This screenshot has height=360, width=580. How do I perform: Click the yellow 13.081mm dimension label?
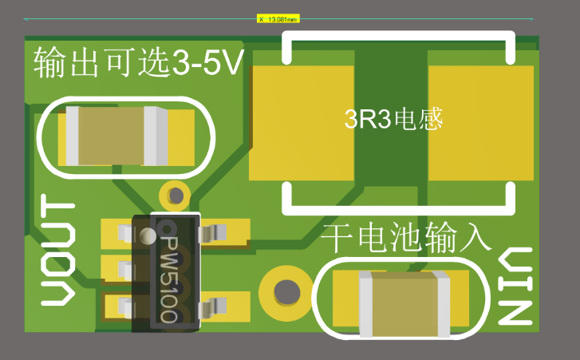point(278,18)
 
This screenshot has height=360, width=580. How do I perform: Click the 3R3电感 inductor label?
point(393,121)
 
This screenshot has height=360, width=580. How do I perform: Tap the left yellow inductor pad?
point(302,123)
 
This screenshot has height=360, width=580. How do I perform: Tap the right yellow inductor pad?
point(480,123)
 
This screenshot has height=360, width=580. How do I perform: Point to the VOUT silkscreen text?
point(58,254)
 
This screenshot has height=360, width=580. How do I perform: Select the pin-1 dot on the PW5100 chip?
point(147,236)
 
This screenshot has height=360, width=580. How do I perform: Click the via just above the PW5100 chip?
point(174,193)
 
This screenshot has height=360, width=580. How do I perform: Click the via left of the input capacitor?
point(284,292)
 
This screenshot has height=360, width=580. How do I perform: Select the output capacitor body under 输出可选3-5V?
point(112,136)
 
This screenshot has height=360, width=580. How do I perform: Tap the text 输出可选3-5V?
point(138,62)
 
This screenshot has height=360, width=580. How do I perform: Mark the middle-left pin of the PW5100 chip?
point(124,269)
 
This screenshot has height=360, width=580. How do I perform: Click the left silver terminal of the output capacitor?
point(72,136)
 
